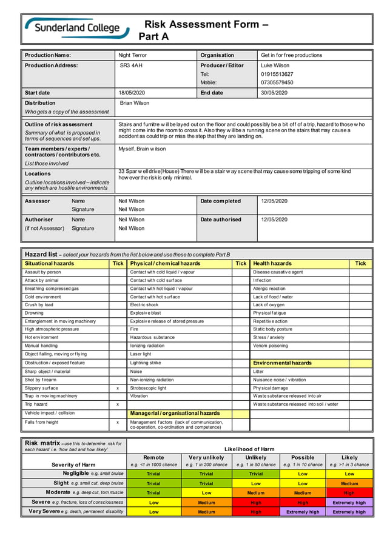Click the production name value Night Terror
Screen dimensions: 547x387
tap(132, 55)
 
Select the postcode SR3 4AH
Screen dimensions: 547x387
tap(131, 65)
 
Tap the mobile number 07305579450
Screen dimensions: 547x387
tap(277, 82)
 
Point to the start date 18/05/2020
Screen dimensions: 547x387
tap(132, 93)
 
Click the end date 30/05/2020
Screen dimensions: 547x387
tap(274, 93)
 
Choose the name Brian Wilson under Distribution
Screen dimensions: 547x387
tap(135, 103)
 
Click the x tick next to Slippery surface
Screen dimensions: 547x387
tap(118, 388)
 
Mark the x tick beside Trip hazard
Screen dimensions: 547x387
tap(118, 404)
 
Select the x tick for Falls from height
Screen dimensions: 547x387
tap(118, 422)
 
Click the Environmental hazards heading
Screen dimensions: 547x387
tap(282, 363)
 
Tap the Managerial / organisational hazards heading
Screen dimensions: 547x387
tap(175, 413)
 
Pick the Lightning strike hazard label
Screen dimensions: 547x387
tap(146, 363)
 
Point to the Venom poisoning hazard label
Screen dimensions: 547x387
tap(271, 346)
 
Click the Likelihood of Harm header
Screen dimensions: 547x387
tap(249, 449)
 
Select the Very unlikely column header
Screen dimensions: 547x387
tap(206, 458)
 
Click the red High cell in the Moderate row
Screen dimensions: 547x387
tap(349, 493)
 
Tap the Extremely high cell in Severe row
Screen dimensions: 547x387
tap(349, 503)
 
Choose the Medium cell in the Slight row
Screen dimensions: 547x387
tap(349, 483)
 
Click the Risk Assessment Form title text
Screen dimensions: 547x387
tap(205, 25)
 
